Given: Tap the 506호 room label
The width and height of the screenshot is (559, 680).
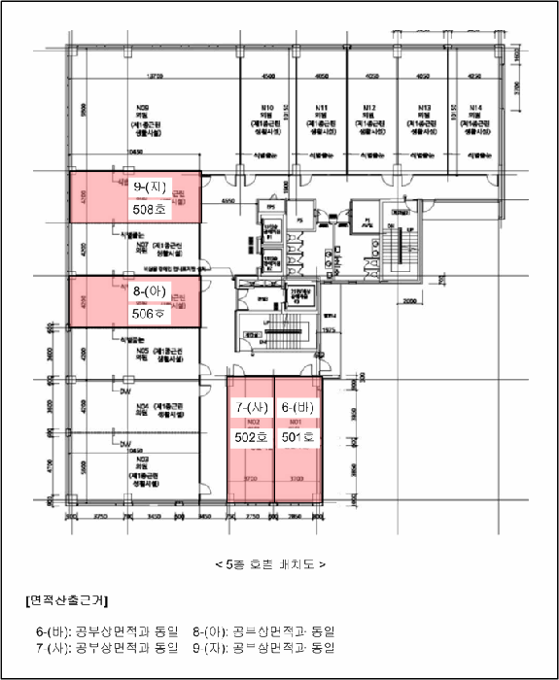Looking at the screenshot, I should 148,314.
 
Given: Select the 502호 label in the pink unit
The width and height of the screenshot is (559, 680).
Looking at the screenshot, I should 251,438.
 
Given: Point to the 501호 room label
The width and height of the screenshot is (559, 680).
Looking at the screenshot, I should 297,438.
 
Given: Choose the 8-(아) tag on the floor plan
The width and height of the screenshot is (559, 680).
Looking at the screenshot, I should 153,292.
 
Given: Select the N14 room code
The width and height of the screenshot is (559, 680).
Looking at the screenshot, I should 475,108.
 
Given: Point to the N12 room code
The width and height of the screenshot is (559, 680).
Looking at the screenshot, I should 370,108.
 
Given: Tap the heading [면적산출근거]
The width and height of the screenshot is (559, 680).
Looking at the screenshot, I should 67,600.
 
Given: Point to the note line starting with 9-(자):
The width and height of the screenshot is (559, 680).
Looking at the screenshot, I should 262,646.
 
